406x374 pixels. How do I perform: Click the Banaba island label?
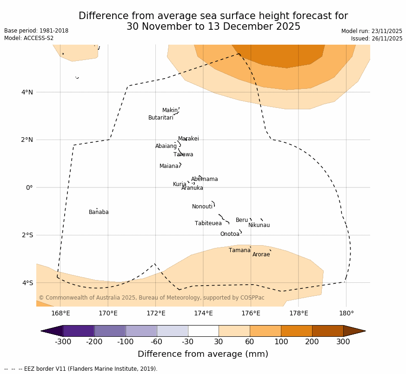[99, 213]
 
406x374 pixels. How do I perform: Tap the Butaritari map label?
[160, 118]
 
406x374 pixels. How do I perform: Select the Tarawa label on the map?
[183, 155]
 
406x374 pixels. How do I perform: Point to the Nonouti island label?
[202, 207]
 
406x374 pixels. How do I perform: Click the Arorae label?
[261, 255]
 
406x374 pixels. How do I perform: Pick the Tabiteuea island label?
[208, 224]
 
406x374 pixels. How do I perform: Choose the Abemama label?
[204, 180]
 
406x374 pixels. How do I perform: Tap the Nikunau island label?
[259, 226]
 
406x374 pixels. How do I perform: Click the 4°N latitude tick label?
[27, 92]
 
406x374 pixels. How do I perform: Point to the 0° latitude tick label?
[29, 187]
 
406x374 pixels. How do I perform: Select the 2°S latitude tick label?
[27, 235]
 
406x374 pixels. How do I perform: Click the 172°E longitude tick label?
[156, 313]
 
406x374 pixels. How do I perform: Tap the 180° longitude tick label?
[346, 313]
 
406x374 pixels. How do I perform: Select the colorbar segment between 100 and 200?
[296, 331]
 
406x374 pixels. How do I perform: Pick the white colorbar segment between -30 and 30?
[203, 331]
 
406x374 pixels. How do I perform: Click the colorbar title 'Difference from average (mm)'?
[203, 354]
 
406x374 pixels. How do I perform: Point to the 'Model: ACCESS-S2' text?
[29, 38]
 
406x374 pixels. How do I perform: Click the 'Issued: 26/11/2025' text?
[377, 39]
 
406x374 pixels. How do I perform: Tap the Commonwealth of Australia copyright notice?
[151, 298]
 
